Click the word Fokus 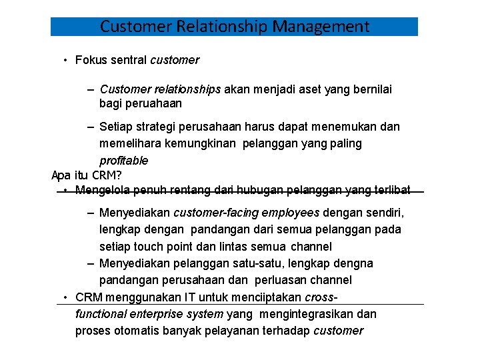[x=92, y=60]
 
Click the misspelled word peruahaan [x=153, y=103]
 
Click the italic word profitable [x=123, y=161]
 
